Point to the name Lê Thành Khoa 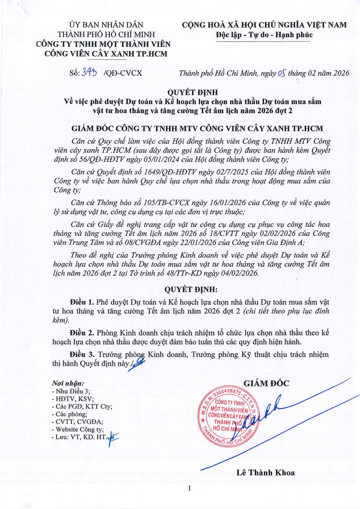pyautogui.click(x=266, y=473)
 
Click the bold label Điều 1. pyautogui.click(x=82, y=302)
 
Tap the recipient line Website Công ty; pyautogui.click(x=74, y=429)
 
